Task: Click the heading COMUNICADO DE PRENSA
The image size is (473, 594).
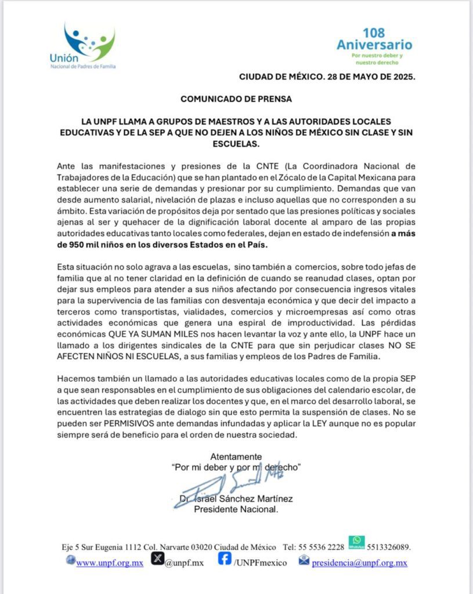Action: (236, 99)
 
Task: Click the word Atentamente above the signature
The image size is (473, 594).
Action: (236, 456)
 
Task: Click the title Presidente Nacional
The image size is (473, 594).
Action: (236, 510)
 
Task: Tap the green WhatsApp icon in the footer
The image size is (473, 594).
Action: (357, 542)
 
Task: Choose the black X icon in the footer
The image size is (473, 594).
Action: (157, 560)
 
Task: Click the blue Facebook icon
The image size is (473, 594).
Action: (225, 560)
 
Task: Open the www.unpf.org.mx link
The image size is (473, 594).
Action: (110, 563)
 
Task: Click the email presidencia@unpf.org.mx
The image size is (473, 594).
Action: (359, 563)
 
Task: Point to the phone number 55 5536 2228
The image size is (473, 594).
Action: (322, 547)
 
